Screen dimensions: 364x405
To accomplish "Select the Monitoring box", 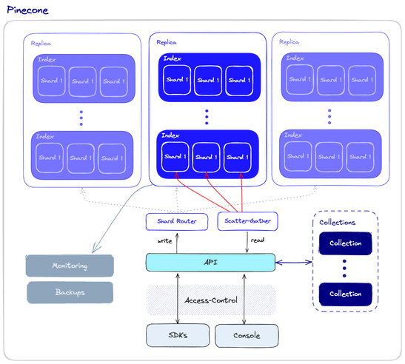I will [x=70, y=266].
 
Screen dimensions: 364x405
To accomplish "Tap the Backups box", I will [x=70, y=291].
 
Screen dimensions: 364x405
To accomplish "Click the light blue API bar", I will [x=210, y=261].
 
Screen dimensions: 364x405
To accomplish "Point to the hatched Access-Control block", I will [x=210, y=300].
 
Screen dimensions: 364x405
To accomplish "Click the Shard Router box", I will [x=176, y=220].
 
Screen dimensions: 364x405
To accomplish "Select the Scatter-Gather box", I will [x=245, y=220].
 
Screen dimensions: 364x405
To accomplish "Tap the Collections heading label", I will [x=337, y=222].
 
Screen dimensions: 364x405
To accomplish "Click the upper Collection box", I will [x=345, y=243].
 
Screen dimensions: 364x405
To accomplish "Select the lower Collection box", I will [x=345, y=293].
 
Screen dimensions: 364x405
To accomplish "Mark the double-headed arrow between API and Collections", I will [x=293, y=261].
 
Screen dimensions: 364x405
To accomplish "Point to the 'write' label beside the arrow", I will [x=165, y=240].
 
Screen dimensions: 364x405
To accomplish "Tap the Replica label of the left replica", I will [x=40, y=44].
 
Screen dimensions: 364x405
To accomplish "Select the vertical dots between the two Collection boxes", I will [x=345, y=268].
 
